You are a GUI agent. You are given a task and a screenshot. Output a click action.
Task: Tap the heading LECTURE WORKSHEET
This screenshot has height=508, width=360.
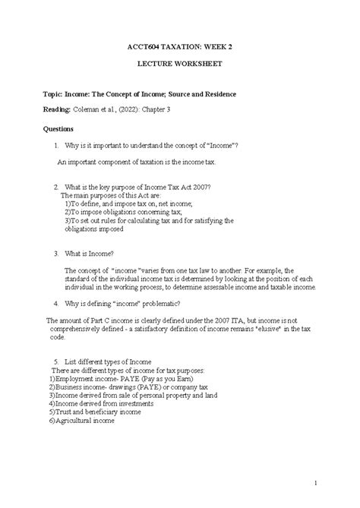point(179,64)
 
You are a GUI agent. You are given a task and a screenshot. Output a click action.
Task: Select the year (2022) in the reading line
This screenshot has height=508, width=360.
point(150,111)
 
